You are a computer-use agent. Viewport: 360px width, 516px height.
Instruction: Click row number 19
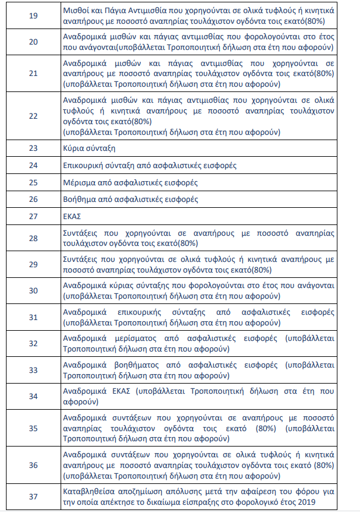click(33, 16)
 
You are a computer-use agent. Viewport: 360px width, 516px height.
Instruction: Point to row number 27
click(33, 217)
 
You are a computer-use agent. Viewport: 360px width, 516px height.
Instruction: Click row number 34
click(33, 396)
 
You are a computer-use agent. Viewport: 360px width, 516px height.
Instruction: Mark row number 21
click(33, 74)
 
